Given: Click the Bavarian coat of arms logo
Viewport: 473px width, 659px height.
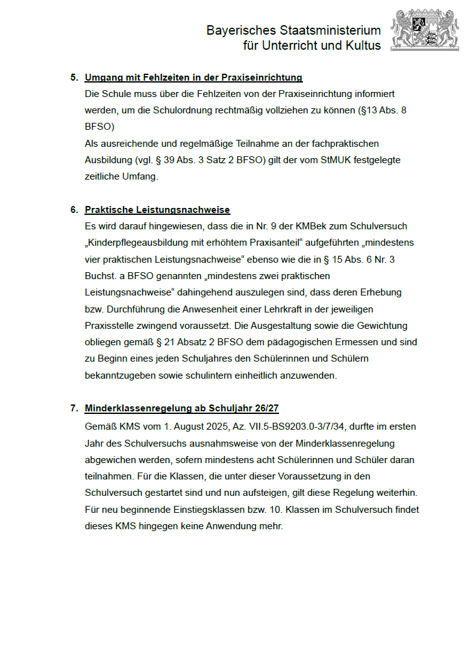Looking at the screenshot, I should pyautogui.click(x=421, y=30).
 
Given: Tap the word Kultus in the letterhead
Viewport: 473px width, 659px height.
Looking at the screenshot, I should pyautogui.click(x=363, y=45).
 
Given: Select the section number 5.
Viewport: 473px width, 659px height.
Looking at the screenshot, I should pyautogui.click(x=74, y=77).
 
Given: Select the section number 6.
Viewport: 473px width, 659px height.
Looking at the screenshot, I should pyautogui.click(x=74, y=210).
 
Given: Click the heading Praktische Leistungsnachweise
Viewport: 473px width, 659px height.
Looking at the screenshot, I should pyautogui.click(x=157, y=210).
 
